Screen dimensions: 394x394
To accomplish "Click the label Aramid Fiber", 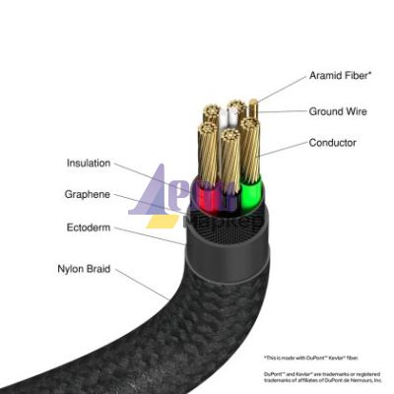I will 339,75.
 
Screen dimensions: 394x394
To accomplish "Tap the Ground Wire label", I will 338,111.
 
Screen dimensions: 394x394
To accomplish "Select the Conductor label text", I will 333,143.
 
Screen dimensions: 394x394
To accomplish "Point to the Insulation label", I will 89,164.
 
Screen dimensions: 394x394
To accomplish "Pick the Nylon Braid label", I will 83,266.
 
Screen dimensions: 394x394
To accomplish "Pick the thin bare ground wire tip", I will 254,105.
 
